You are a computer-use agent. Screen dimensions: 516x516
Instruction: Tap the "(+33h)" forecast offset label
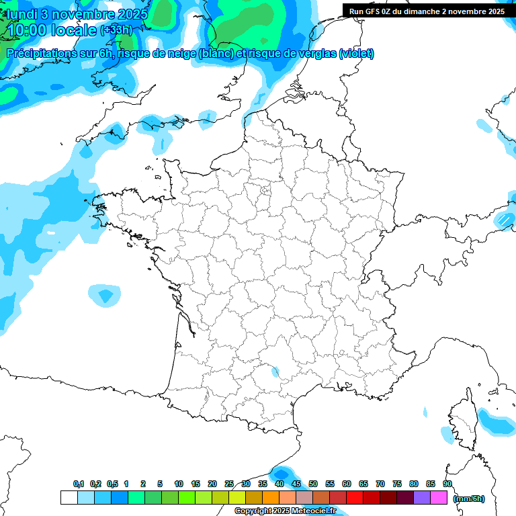coord(116,30)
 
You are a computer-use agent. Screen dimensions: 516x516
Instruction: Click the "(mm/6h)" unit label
coord(468,499)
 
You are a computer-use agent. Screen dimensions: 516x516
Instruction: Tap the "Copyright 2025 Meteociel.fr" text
coord(285,511)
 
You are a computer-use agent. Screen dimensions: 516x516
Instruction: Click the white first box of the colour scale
coord(69,498)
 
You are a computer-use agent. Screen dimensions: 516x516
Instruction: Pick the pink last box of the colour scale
coord(439,498)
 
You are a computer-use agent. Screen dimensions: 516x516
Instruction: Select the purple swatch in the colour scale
coord(422,498)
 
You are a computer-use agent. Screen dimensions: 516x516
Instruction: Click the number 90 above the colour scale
coord(447,484)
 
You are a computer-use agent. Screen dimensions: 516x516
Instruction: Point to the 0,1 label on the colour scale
coord(79,484)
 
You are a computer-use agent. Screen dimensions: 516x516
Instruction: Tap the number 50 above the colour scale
coord(313,484)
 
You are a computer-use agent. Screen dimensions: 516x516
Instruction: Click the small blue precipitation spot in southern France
coord(275,370)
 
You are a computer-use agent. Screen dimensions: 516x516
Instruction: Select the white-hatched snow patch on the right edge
coord(505,219)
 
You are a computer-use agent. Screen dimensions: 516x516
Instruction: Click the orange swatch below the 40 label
coord(271,498)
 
